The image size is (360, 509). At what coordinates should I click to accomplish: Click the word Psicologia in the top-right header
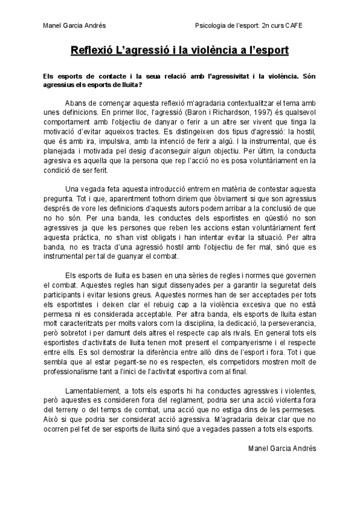pos(209,25)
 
